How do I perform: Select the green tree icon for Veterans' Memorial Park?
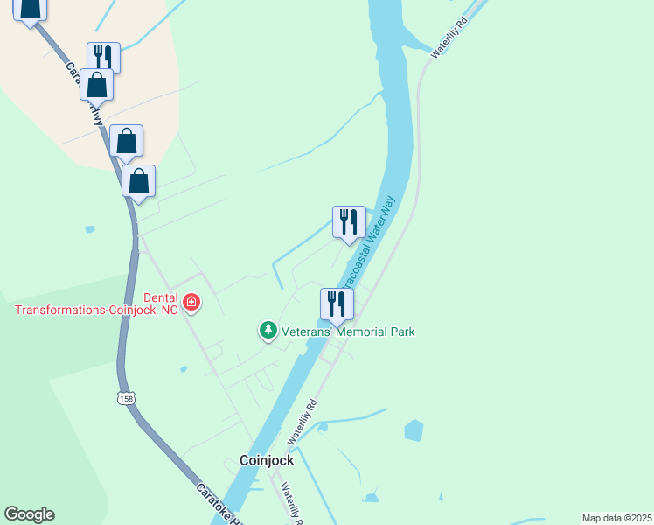pos(268,331)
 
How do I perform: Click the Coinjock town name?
pos(267,459)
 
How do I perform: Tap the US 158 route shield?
pos(127,399)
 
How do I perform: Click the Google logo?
pos(29,514)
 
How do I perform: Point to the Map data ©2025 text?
pos(616,517)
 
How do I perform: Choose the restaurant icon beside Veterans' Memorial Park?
pos(337,304)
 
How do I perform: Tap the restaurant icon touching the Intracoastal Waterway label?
pos(349,221)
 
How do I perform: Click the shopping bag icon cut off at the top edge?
pos(30,9)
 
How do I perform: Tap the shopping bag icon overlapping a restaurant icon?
pos(96,86)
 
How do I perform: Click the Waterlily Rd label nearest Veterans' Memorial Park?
pos(302,420)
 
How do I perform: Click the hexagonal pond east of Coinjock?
pos(414,430)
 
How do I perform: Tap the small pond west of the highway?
pos(90,229)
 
